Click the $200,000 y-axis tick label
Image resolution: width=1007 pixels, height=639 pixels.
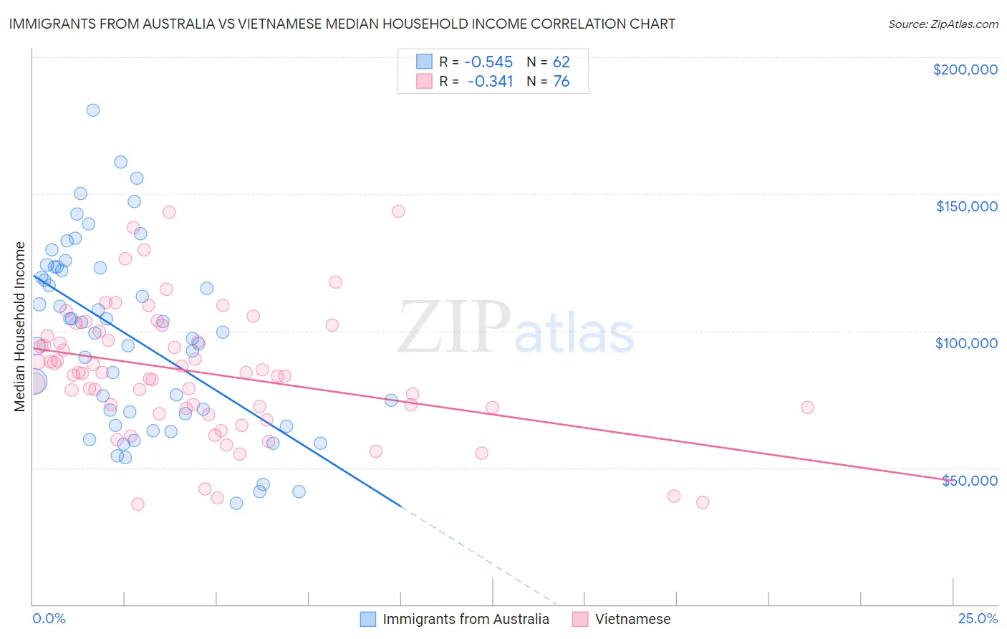click(x=965, y=69)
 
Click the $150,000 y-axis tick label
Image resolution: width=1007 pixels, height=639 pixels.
click(x=966, y=206)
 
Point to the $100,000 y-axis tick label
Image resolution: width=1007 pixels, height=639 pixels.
click(x=966, y=343)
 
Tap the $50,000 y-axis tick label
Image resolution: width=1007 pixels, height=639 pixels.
click(x=969, y=480)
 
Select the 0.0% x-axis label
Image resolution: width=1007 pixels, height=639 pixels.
click(x=49, y=618)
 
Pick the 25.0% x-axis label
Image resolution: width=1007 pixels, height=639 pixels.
click(x=978, y=618)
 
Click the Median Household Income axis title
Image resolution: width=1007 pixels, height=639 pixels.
click(x=20, y=327)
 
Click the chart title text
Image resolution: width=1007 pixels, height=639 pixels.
click(x=342, y=24)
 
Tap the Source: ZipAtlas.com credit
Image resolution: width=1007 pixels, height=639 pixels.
click(x=943, y=24)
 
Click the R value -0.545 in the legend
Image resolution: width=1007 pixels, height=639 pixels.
click(x=488, y=62)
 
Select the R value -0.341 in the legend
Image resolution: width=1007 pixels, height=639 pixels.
click(x=490, y=82)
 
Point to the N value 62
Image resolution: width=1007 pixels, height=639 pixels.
click(x=561, y=62)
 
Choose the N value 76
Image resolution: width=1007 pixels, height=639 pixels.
click(x=561, y=82)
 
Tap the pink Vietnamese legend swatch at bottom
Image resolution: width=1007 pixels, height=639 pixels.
click(x=580, y=619)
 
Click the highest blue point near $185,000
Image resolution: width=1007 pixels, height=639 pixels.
click(x=93, y=110)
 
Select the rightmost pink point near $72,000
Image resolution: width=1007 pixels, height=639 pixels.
click(x=807, y=408)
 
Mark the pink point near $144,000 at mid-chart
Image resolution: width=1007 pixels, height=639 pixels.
click(x=398, y=211)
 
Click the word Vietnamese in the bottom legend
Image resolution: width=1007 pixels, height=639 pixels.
click(x=632, y=619)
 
